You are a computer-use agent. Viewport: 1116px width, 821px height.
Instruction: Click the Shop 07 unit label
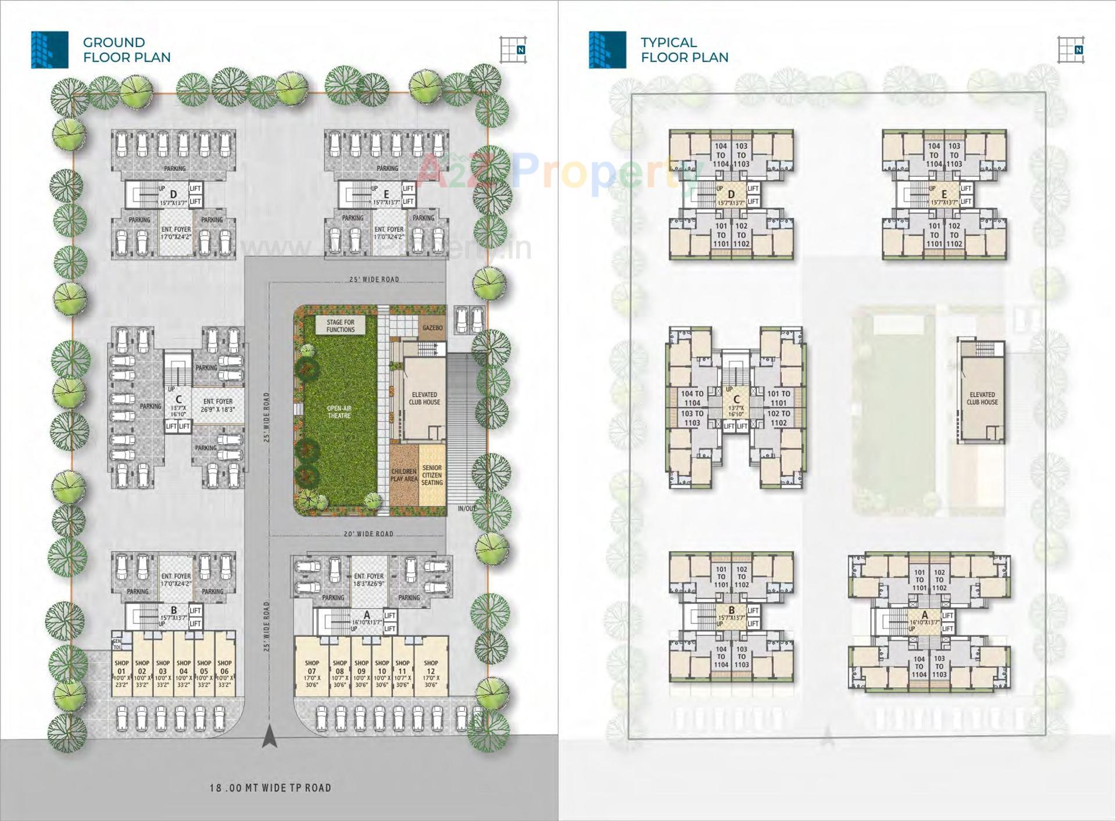click(x=312, y=673)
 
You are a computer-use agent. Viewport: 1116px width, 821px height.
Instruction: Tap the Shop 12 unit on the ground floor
click(x=431, y=673)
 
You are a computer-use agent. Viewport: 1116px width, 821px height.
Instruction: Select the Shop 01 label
click(x=121, y=673)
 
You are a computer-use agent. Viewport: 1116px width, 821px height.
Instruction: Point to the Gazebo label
click(x=432, y=328)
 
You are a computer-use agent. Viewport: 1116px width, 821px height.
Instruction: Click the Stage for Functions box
click(x=341, y=326)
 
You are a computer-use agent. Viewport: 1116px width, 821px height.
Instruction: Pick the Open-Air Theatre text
click(x=339, y=412)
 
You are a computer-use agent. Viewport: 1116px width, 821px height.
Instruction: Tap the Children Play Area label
click(x=404, y=475)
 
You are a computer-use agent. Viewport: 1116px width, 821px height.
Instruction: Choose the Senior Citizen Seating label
click(x=432, y=475)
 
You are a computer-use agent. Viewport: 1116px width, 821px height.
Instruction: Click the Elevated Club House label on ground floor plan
click(x=424, y=399)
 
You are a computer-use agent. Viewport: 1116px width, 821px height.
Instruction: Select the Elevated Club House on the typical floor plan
click(x=982, y=399)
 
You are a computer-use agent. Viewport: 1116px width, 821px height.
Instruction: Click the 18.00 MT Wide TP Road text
click(x=270, y=788)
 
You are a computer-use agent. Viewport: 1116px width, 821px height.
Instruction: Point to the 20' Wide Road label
click(x=368, y=533)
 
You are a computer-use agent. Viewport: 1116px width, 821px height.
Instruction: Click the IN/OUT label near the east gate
click(x=466, y=509)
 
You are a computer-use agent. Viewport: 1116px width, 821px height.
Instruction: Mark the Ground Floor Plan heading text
click(x=127, y=50)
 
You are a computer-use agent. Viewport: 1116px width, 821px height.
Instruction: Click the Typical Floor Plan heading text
click(x=684, y=50)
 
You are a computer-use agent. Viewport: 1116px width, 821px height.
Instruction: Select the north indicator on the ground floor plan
click(x=513, y=49)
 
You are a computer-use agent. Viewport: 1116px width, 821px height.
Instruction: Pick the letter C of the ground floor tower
click(x=178, y=399)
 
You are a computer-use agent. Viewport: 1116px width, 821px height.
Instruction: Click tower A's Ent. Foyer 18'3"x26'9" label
click(x=369, y=580)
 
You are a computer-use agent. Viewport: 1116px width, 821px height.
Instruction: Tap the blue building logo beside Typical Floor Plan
click(x=607, y=50)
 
